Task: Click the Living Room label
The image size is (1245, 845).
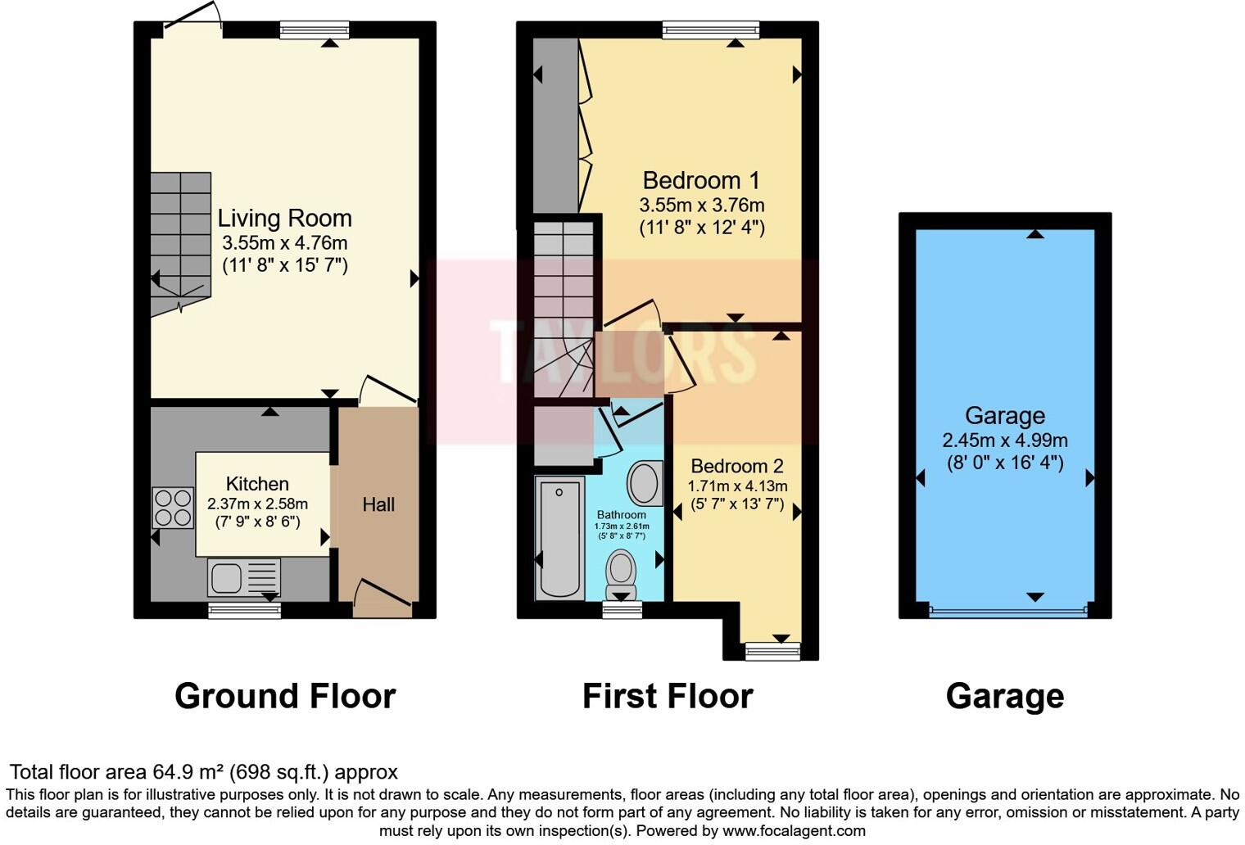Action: coord(284,219)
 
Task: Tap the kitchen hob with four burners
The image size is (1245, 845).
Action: coord(172,508)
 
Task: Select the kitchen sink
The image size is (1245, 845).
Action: coord(243,577)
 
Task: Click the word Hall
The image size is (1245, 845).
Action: coord(378,504)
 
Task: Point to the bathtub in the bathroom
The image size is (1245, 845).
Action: coord(560,538)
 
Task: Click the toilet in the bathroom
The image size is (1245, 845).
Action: coord(622,574)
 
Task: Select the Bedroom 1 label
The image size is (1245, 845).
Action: coord(701,180)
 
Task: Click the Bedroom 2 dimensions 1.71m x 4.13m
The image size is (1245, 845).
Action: coord(737,486)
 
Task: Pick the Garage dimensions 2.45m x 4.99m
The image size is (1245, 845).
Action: coord(1005,441)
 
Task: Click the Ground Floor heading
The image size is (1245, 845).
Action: coord(285,696)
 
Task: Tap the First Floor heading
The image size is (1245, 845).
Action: coord(668,696)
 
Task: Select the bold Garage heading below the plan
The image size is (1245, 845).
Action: coord(1005,696)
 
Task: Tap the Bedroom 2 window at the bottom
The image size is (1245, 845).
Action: coord(772,651)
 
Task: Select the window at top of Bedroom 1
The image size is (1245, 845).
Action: coord(710,30)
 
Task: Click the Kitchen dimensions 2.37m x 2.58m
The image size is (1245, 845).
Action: coord(257,504)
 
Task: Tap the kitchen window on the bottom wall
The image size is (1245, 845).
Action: coord(244,610)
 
